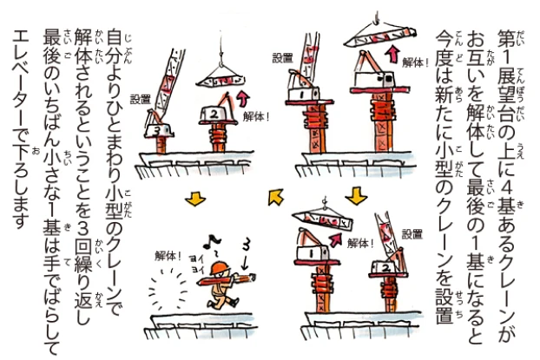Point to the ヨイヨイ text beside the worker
point(197,264)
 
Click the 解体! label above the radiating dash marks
point(168,256)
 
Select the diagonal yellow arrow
point(276,197)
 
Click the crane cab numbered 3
point(159,130)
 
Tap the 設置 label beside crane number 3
point(141,100)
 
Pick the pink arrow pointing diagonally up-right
point(336,239)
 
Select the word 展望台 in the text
point(506,101)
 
